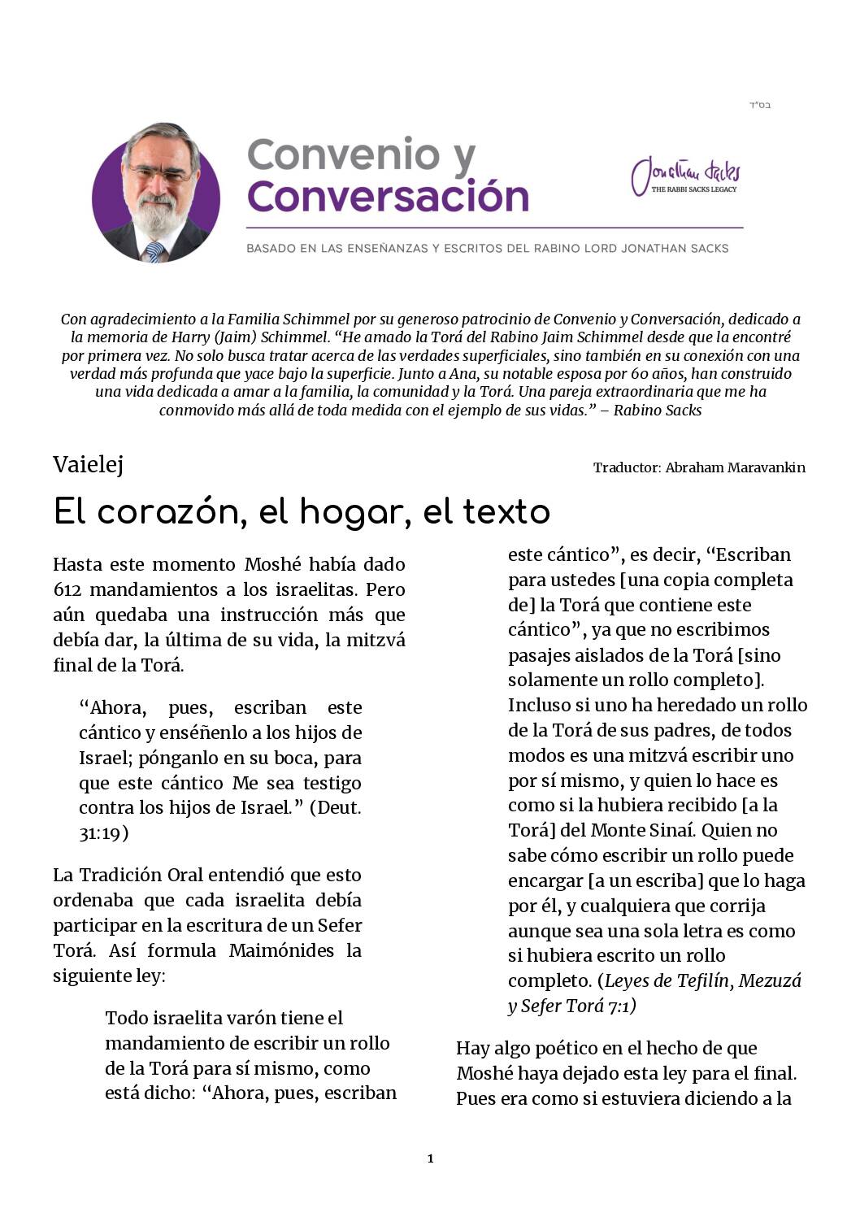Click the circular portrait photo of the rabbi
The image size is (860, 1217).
pos(156,193)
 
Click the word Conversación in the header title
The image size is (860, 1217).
pos(389,197)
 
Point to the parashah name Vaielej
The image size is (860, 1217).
pos(88,465)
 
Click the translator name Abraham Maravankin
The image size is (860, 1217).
pos(735,467)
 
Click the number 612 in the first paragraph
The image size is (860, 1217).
pos(66,589)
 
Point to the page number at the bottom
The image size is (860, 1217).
pos(430,1158)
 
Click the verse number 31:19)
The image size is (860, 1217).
pos(103,833)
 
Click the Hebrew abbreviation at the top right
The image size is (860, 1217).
pos(760,106)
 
